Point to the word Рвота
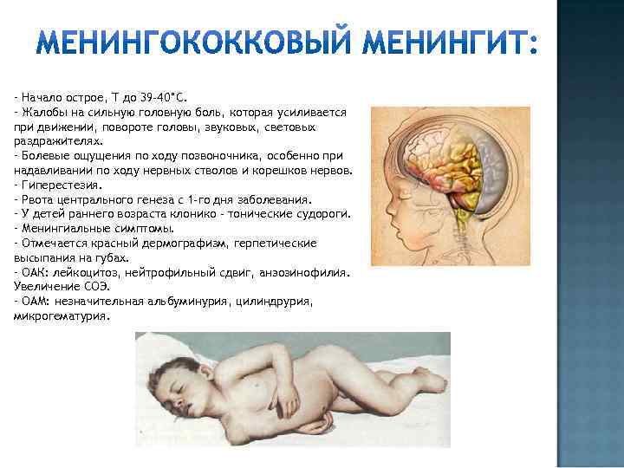tap(36, 198)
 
